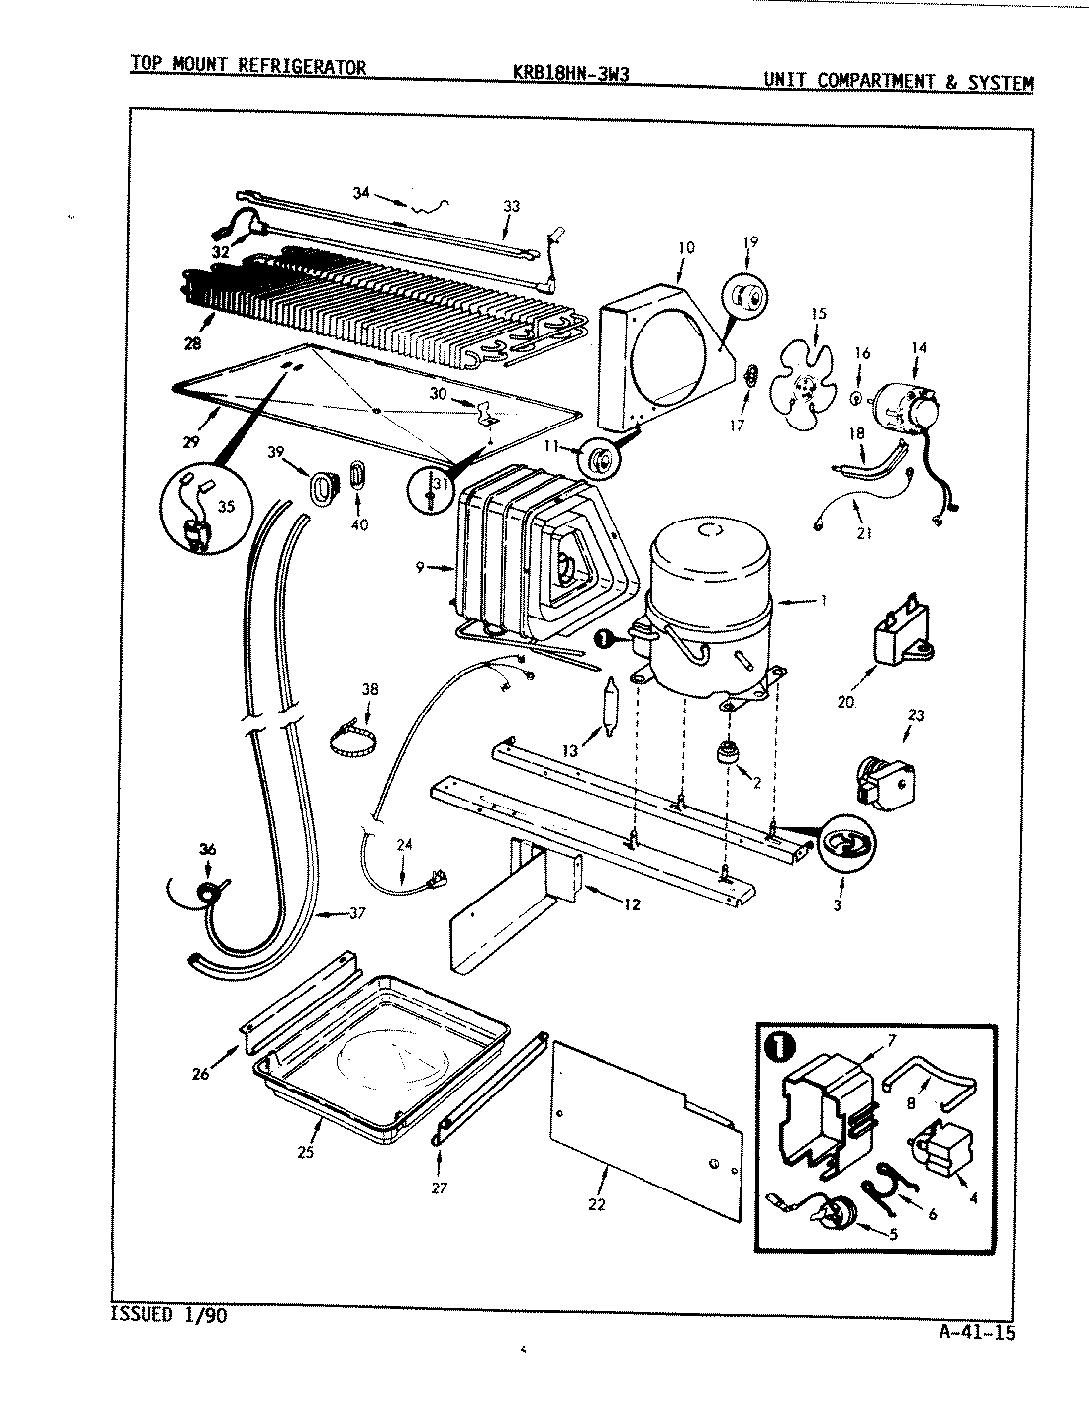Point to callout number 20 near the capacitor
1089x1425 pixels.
[x=844, y=703]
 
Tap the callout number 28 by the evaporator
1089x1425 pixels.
[x=192, y=343]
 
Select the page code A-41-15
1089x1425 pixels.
[x=975, y=1332]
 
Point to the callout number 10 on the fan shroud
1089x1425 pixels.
[x=685, y=247]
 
